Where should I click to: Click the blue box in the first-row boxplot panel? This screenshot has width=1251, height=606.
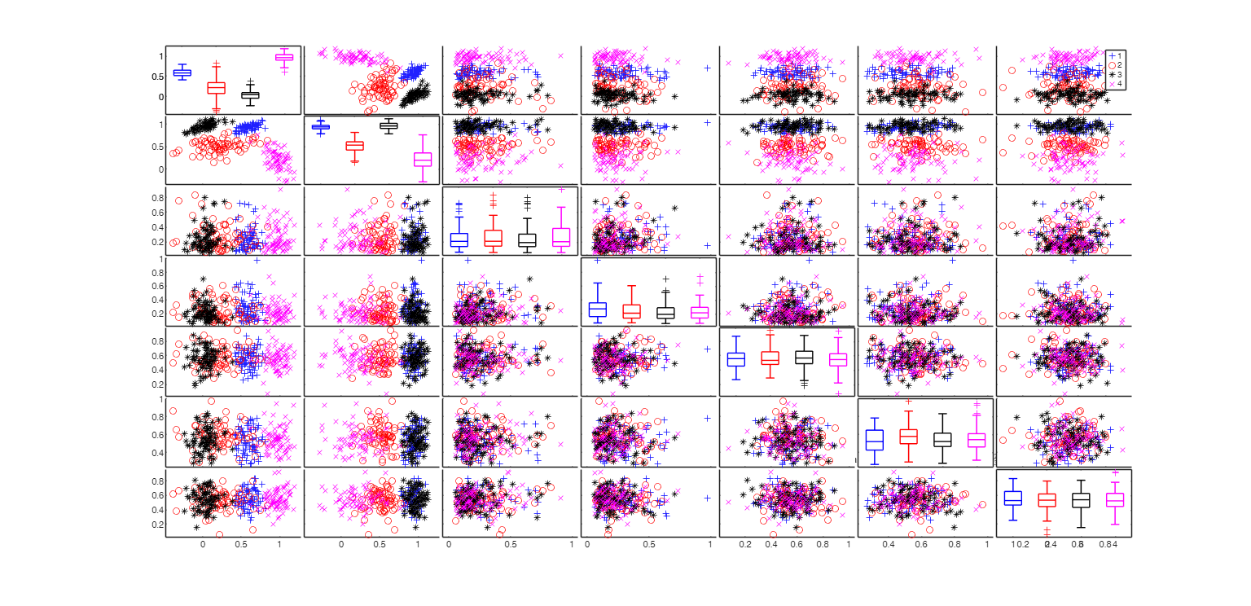182,72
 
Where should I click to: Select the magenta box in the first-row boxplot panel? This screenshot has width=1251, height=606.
284,57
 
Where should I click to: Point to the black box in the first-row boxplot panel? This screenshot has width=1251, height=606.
250,94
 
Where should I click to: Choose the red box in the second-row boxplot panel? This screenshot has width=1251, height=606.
354,146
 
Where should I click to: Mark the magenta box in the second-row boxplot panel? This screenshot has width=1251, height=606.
422,159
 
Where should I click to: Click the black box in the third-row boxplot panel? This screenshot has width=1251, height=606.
527,239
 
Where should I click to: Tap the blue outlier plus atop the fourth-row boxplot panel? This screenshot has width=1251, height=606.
597,260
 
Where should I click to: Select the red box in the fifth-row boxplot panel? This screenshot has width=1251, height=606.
770,358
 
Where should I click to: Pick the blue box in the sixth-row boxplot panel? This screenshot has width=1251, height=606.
874,440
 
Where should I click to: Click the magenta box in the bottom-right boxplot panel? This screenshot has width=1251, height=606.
1115,499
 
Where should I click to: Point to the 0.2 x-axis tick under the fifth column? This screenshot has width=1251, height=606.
745,544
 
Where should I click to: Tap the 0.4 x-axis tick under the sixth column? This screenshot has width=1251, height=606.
889,544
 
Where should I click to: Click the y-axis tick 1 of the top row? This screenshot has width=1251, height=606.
161,56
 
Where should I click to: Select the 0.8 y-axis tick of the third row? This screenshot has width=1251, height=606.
157,198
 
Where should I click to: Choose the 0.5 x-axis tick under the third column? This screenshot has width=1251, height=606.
510,544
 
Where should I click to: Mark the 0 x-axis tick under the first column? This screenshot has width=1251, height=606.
203,544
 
